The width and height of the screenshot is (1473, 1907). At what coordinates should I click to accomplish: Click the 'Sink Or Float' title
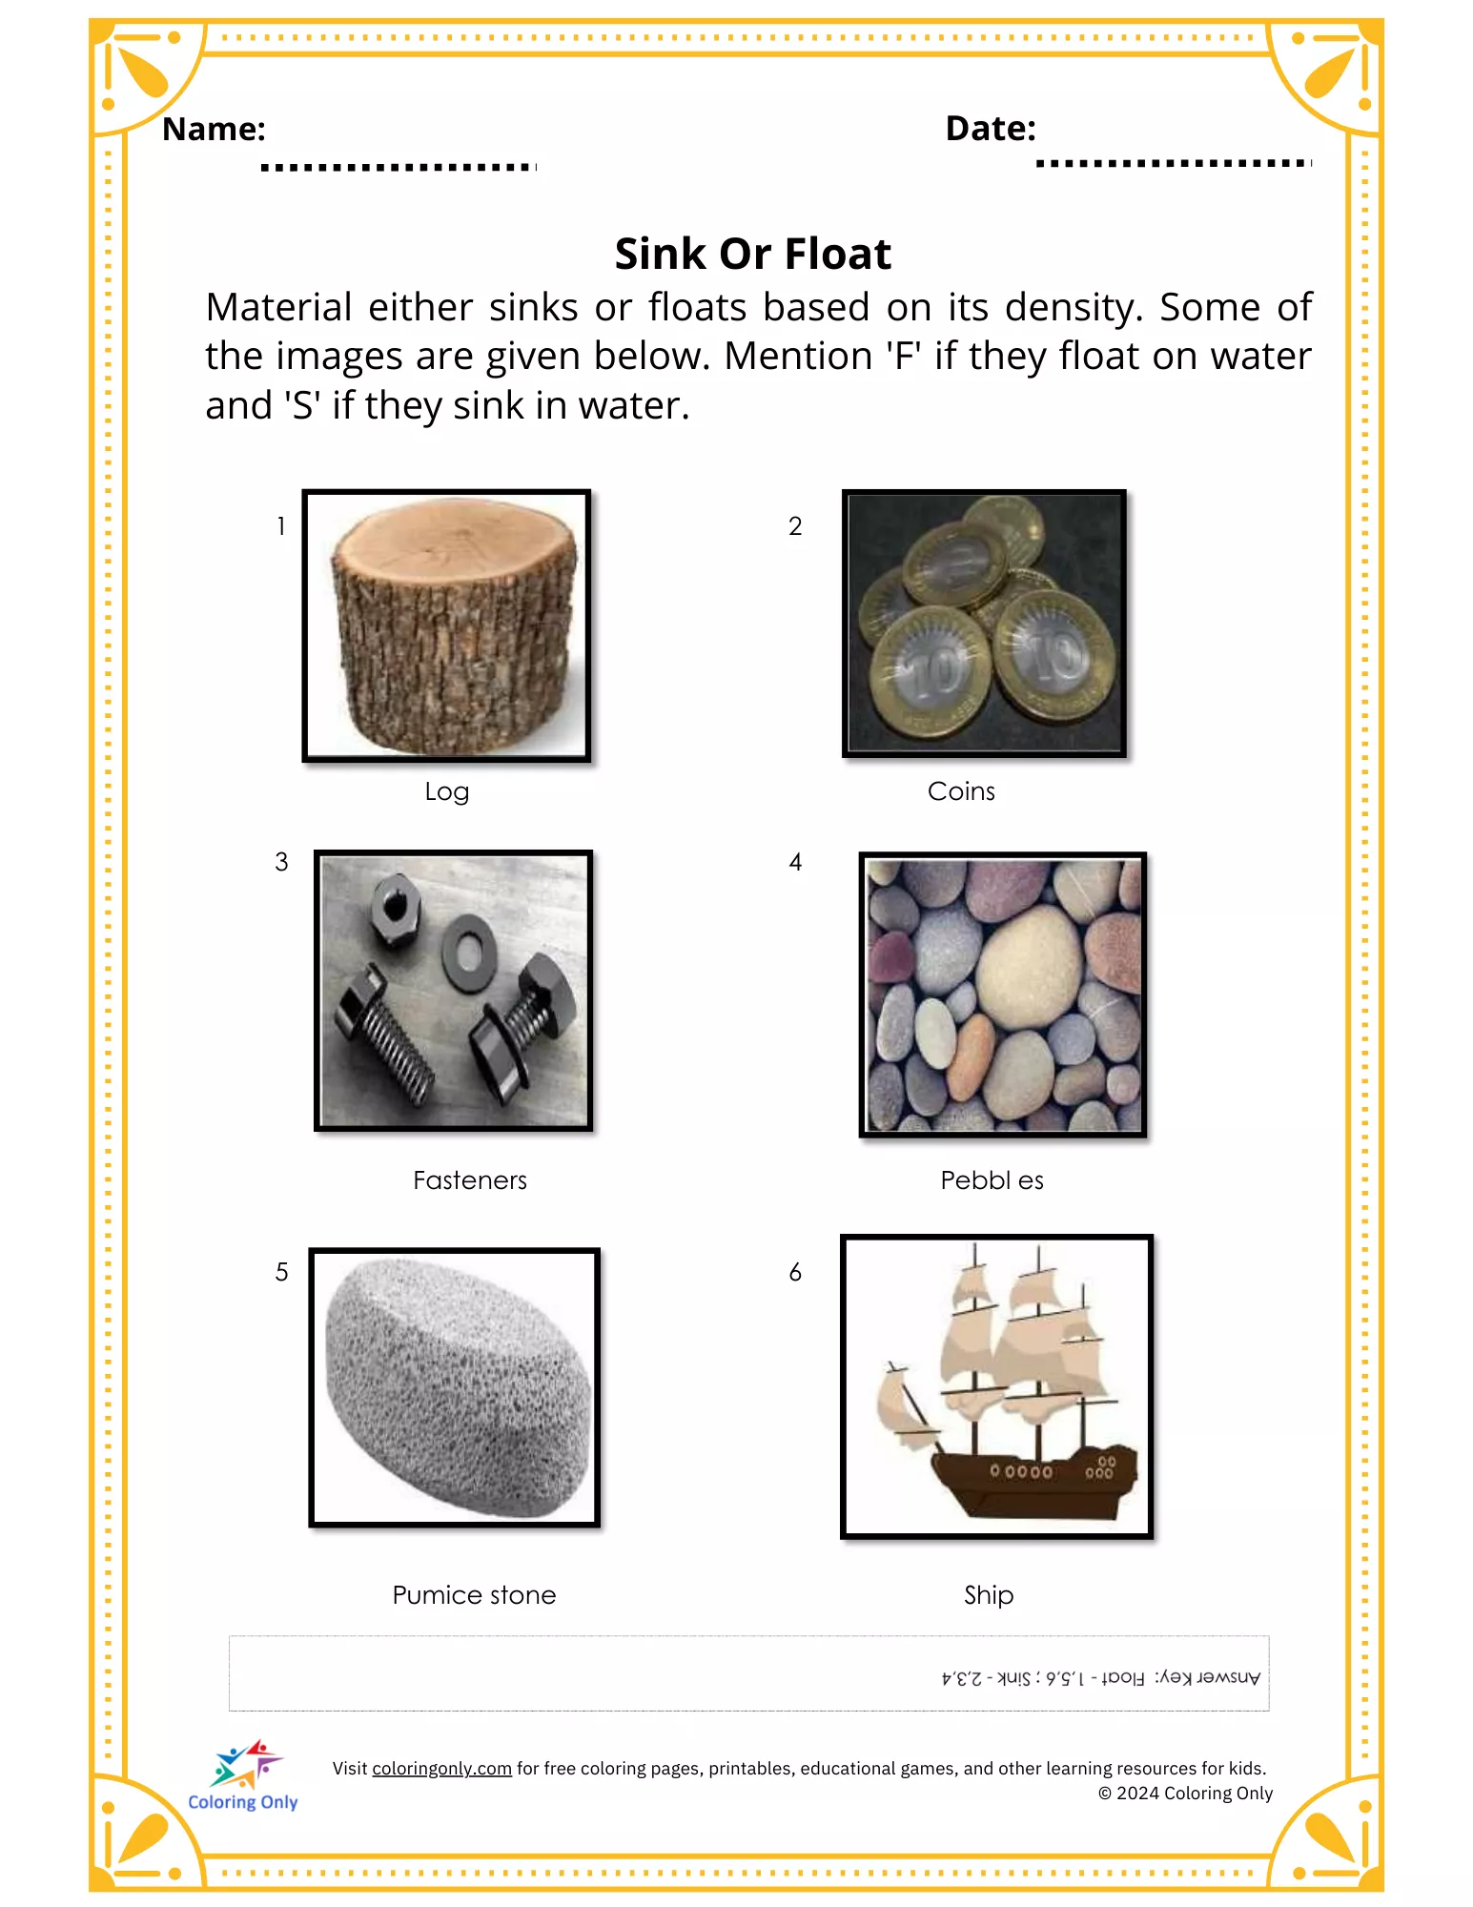pos(752,255)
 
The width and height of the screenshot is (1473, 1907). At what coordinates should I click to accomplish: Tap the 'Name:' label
pos(214,129)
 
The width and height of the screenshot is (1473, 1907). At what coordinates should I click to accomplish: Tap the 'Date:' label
pos(991,128)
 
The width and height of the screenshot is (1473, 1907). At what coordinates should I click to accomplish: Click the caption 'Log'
pos(446,792)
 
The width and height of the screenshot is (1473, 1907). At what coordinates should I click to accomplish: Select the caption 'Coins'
pos(961,791)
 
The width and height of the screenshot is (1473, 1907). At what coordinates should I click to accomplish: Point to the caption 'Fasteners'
pos(470,1180)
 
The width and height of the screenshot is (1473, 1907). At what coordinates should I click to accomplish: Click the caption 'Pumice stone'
pos(474,1595)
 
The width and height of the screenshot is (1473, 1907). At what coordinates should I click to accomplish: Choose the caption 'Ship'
pos(989,1595)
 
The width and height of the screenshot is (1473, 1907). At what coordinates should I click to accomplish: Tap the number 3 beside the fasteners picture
pos(281,862)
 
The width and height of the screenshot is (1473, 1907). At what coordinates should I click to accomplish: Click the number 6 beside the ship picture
pos(795,1272)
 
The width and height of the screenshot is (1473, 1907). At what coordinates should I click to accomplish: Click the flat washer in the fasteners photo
pos(467,953)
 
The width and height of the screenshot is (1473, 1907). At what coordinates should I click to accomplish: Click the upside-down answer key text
pos(1101,1678)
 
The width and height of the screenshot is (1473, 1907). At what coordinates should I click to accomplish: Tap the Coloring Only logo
pos(243,1775)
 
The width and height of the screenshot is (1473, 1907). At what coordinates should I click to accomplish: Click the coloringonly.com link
pos(441,1769)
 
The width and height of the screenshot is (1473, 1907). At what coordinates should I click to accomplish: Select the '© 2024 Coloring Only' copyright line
pos(1185,1794)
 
